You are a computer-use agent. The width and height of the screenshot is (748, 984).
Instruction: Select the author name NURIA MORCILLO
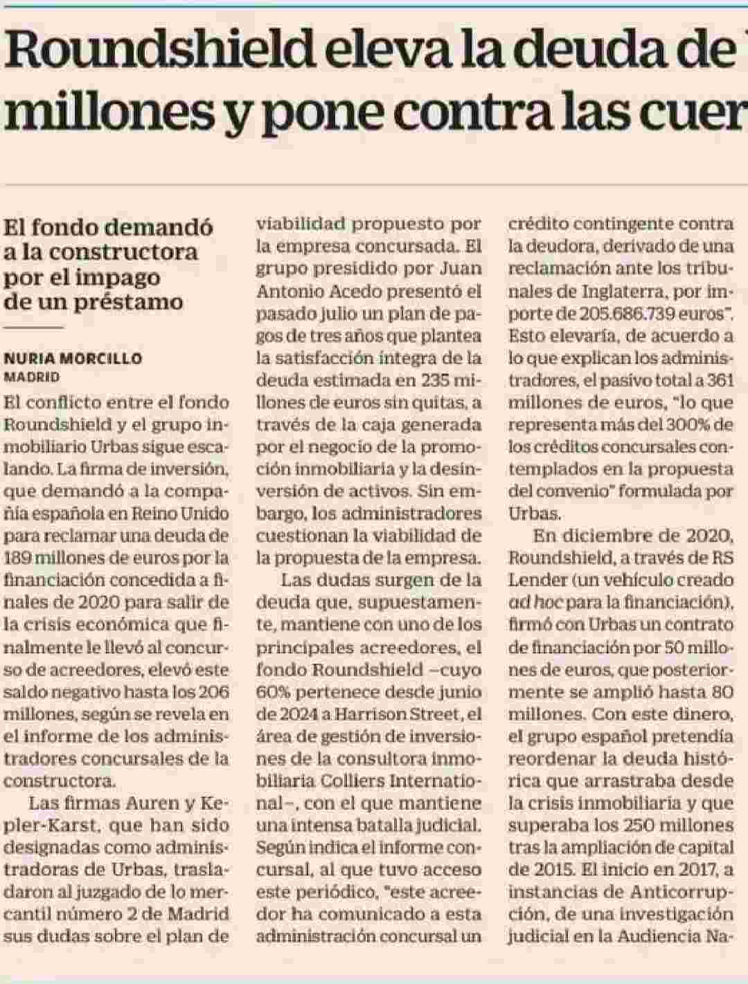point(73,359)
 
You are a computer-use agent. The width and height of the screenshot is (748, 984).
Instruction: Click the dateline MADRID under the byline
point(32,377)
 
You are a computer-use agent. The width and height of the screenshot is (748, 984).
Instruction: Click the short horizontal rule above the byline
point(33,328)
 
